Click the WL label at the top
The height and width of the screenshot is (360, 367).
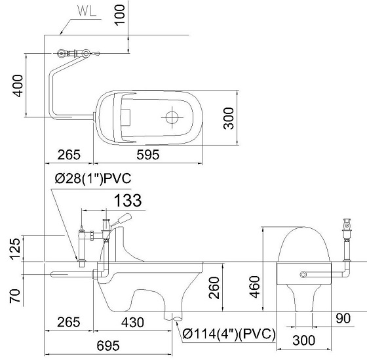87,10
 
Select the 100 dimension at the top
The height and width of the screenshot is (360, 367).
120,14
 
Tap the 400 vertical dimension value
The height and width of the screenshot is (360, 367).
18,85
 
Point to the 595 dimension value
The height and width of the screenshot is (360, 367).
148,155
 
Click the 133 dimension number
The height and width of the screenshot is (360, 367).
128,201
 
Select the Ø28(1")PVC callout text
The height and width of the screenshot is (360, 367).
93,179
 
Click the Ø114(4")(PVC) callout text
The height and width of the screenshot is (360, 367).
229,333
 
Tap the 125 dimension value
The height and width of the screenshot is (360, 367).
15,249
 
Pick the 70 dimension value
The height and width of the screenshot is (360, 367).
15,296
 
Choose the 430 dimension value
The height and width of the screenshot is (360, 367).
132,322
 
